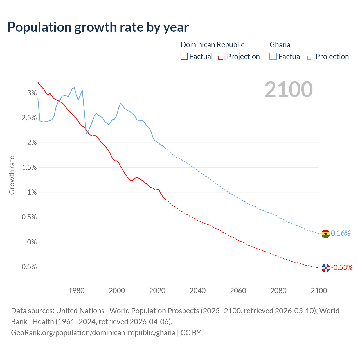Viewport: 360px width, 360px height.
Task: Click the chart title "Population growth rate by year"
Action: [98, 27]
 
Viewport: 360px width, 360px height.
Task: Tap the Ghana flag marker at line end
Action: [325, 233]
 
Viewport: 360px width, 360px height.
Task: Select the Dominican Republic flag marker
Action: [325, 268]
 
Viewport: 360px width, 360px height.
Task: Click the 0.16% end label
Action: [340, 233]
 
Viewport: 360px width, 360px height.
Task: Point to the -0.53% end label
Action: [342, 267]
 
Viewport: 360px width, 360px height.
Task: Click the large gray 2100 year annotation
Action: [289, 89]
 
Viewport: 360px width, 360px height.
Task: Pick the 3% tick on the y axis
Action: [32, 93]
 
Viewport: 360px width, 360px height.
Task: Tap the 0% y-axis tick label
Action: [32, 242]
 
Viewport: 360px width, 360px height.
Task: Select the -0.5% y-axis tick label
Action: [28, 267]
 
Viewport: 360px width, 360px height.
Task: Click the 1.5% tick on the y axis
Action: [29, 168]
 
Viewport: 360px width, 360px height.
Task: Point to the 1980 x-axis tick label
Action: [76, 291]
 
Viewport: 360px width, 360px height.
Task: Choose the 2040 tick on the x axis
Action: [197, 291]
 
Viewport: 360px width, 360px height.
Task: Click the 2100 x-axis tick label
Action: [319, 291]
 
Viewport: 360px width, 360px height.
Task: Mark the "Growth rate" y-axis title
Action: [12, 175]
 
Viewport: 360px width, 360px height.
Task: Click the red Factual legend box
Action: [184, 57]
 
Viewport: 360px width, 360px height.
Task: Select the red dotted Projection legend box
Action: [222, 57]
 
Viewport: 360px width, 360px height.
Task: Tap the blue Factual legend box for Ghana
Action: [273, 57]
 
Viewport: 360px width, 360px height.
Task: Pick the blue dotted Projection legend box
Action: [310, 57]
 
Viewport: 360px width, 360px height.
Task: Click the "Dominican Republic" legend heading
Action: [212, 45]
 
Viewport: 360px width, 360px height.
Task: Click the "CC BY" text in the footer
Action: [191, 333]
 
